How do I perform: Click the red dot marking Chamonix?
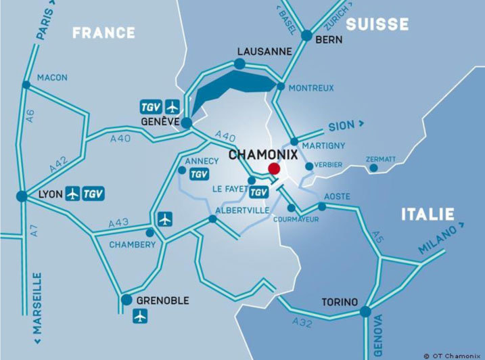[274, 168]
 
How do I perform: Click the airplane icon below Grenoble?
[141, 316]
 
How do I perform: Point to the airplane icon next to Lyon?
[72, 194]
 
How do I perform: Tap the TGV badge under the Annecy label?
[199, 174]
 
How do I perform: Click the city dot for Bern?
[306, 35]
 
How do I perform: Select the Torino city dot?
[365, 312]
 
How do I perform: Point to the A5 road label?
[377, 238]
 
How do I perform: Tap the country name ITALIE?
[427, 215]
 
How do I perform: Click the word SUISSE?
[377, 24]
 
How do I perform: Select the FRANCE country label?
[103, 32]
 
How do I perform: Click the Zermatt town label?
[381, 159]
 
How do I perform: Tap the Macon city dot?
[26, 85]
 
